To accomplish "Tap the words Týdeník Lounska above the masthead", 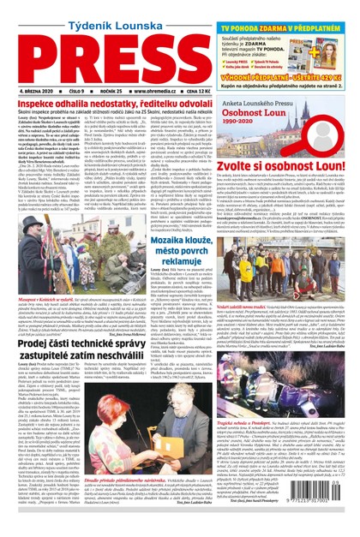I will pos(99,11).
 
